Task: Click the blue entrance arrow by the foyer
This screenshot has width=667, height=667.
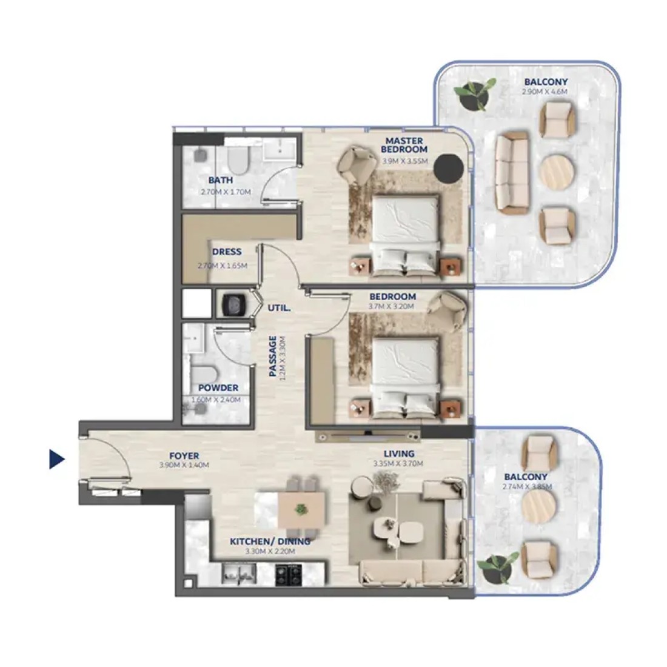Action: pos(56,459)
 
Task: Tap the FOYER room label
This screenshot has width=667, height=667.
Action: pos(184,455)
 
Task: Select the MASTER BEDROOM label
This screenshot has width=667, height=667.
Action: pos(404,145)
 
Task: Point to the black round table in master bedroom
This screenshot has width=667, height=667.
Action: pos(448,168)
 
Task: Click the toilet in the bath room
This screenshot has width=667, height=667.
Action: pos(237,159)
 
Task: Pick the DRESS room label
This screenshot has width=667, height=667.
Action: pos(227,252)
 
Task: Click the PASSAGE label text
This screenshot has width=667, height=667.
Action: pos(273,356)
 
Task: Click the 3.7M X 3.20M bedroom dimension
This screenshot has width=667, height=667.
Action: pos(391,306)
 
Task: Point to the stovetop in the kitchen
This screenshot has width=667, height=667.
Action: pos(289,575)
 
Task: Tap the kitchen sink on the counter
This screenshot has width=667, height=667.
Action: pos(239,574)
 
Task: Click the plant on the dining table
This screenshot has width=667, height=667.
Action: pos(301,509)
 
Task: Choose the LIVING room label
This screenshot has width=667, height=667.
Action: pos(399,454)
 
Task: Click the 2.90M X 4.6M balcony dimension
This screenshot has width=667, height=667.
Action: pos(545,92)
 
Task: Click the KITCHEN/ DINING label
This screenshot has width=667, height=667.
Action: pos(270,541)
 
